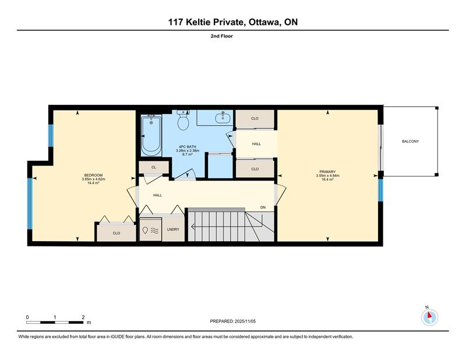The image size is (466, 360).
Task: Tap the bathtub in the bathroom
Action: (151, 135)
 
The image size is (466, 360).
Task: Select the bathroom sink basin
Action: (223, 118)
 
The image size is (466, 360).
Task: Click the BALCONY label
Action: (411, 142)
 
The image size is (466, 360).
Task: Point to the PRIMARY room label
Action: (327, 172)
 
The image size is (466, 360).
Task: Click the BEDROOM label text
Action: (93, 175)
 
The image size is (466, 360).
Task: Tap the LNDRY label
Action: (173, 230)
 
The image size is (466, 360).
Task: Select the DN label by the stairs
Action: (263, 207)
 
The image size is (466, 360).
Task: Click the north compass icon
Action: (429, 317)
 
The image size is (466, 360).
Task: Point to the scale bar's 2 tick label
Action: (83, 317)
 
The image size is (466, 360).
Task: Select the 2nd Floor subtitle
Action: (222, 36)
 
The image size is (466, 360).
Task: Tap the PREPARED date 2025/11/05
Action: (245, 322)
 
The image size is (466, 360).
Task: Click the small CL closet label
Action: (154, 167)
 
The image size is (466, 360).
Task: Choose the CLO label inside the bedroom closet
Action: (116, 233)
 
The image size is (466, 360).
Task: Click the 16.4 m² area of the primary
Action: (327, 179)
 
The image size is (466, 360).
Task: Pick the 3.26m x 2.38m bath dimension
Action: (188, 150)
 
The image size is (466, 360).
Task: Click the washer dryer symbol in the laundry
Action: (151, 230)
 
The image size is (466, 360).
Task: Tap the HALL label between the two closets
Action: (256, 144)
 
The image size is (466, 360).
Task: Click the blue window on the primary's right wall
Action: (380, 190)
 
